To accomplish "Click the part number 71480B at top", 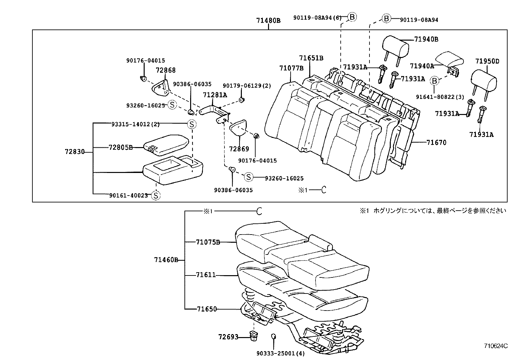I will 268,20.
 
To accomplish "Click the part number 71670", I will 436,142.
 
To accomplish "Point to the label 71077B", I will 291,68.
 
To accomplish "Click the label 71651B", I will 311,58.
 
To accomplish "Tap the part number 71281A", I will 215,95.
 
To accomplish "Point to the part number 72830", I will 75,152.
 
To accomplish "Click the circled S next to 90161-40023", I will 156,196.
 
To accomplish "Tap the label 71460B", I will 166,260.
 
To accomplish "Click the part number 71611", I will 206,275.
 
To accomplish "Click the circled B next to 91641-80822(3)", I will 434,81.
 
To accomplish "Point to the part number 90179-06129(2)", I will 247,85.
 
